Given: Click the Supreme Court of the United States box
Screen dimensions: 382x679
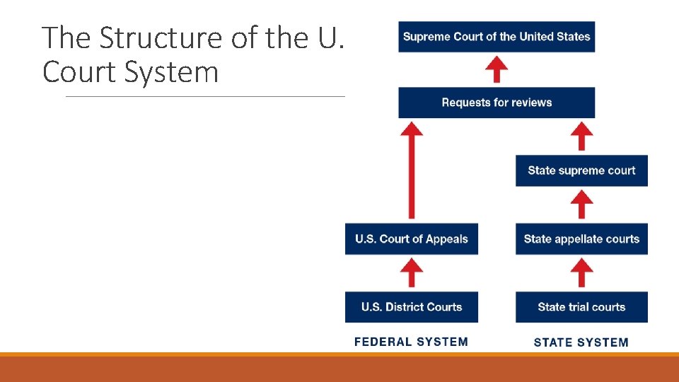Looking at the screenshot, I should (497, 37).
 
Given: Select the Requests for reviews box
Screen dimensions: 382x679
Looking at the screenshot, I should (497, 103).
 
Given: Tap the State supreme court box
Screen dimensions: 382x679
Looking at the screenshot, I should (581, 170).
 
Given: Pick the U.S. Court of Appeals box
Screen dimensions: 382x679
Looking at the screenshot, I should (412, 239).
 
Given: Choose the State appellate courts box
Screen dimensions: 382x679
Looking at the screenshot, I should (581, 239).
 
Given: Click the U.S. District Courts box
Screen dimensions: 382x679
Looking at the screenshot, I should (412, 307).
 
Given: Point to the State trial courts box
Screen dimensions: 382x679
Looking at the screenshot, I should (581, 307).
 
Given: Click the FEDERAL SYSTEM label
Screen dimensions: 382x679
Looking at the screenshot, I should (411, 342).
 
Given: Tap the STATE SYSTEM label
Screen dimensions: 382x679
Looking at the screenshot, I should (581, 342).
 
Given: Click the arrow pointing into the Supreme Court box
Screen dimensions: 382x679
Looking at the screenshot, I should (498, 69).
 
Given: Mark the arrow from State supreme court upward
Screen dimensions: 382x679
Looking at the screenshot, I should (581, 136).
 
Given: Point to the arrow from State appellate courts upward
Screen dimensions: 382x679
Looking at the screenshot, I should (581, 204).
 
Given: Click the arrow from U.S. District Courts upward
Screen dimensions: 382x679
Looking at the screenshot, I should (412, 272).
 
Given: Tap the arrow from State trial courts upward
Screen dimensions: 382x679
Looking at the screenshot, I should (581, 272).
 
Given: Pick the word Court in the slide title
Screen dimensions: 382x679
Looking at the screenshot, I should (79, 72).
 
